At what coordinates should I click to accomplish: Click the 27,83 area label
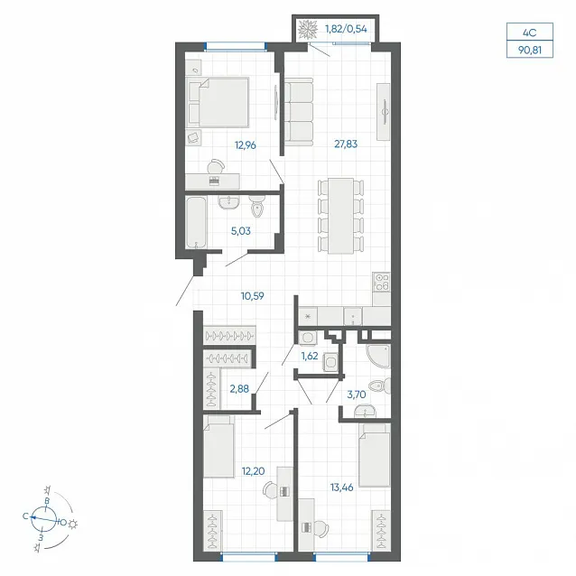[x=346, y=144]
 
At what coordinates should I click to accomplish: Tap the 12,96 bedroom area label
[x=246, y=145]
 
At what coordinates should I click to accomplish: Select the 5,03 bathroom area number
[x=241, y=231]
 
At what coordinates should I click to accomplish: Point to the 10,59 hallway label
[x=253, y=296]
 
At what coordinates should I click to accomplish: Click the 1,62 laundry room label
[x=310, y=356]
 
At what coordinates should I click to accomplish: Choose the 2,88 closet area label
[x=239, y=388]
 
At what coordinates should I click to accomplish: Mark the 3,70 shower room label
[x=357, y=395]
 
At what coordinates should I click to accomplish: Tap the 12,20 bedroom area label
[x=253, y=471]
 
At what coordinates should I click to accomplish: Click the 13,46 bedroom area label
[x=341, y=488]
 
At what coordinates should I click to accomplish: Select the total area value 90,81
[x=530, y=50]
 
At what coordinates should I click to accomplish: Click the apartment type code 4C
[x=530, y=33]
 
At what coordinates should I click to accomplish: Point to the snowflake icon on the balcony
[x=308, y=30]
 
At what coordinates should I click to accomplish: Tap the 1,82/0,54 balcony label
[x=346, y=29]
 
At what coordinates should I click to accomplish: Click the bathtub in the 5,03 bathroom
[x=196, y=223]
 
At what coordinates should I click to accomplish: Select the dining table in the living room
[x=341, y=216]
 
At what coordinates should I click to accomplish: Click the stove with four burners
[x=381, y=282]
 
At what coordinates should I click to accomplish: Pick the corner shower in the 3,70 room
[x=379, y=356]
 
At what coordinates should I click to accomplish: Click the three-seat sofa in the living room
[x=299, y=112]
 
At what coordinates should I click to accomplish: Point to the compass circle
[x=43, y=519]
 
